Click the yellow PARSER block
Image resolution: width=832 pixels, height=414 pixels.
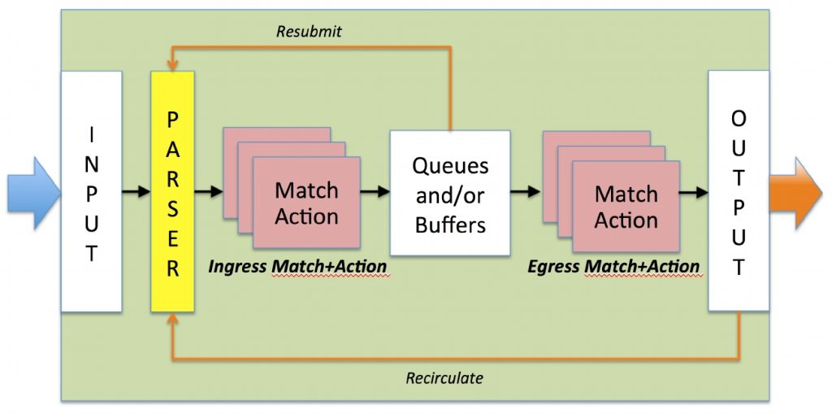tap(172, 191)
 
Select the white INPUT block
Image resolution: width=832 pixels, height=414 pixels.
tap(92, 191)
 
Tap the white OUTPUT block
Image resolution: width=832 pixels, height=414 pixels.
tap(739, 190)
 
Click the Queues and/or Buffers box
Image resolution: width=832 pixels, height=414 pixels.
tap(450, 193)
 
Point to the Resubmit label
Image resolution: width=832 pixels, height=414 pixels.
tap(309, 32)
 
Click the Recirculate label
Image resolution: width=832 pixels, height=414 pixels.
tap(444, 378)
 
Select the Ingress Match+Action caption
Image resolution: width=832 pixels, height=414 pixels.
tap(297, 266)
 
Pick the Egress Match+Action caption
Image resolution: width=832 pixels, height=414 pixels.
tap(613, 266)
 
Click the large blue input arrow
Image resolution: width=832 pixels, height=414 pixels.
tap(34, 193)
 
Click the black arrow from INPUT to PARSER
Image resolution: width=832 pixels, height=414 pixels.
tap(136, 192)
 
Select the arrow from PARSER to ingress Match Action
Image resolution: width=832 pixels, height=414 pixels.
tap(209, 192)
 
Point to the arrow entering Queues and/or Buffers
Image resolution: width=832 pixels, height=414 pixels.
tap(375, 192)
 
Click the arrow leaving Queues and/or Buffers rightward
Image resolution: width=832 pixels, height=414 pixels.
tap(526, 192)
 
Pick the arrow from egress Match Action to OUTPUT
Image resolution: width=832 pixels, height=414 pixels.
tap(694, 192)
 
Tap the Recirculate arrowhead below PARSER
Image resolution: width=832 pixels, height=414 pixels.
tap(172, 318)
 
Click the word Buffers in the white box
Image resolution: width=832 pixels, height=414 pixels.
tap(450, 224)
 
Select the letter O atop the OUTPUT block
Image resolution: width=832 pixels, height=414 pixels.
tap(739, 119)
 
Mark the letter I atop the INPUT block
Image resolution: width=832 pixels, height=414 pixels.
tap(92, 137)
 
